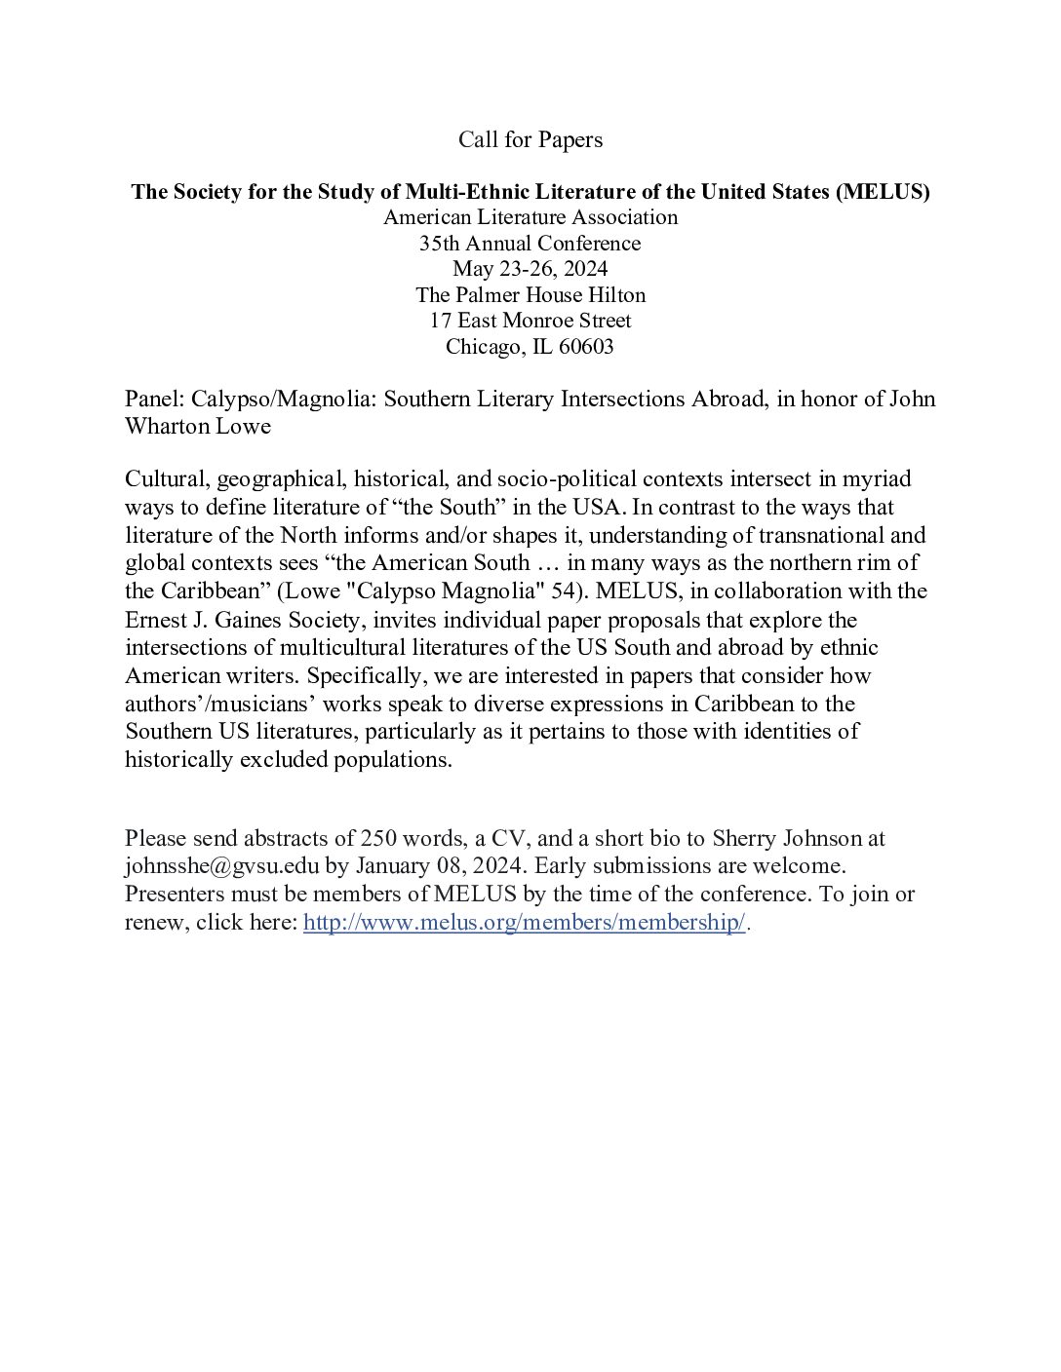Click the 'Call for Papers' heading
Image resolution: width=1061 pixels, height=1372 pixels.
pyautogui.click(x=530, y=140)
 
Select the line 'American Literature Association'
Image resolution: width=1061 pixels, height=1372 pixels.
pyautogui.click(x=530, y=217)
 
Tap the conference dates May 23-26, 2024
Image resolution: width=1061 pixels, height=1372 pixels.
pyautogui.click(x=530, y=269)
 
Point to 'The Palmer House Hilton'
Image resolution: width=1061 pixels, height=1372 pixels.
pyautogui.click(x=530, y=294)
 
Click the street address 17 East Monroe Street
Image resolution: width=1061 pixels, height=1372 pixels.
pyautogui.click(x=530, y=321)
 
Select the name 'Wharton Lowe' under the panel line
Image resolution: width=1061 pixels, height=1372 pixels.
pyautogui.click(x=198, y=427)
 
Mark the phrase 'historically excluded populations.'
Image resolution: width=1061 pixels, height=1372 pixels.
pyautogui.click(x=289, y=760)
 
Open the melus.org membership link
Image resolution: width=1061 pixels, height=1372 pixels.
pyautogui.click(x=524, y=923)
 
